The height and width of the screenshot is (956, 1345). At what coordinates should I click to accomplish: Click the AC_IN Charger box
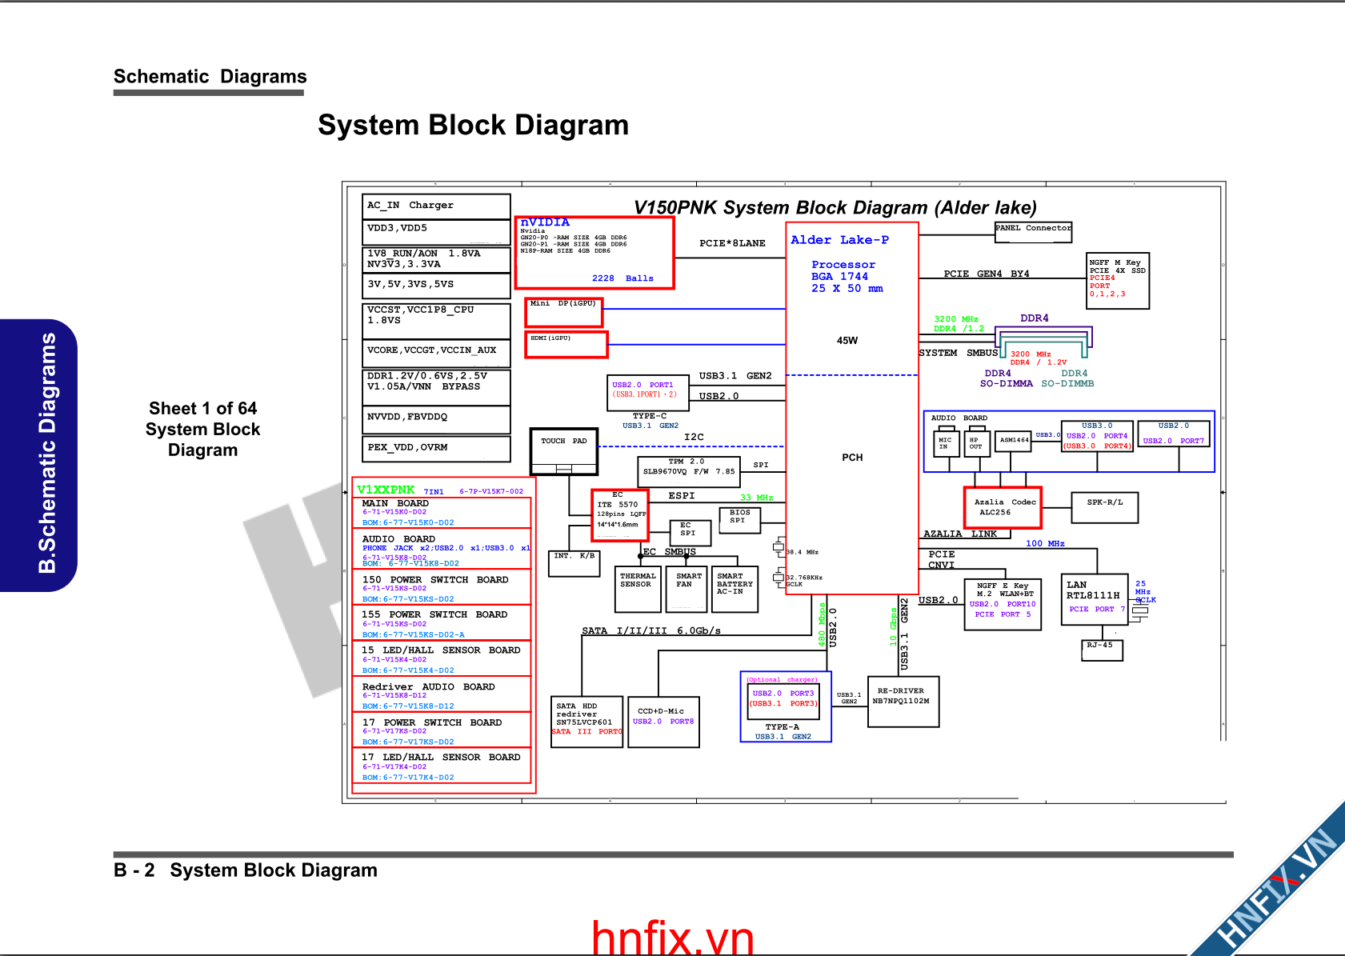point(436,206)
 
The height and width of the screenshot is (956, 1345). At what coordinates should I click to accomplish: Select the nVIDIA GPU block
point(594,252)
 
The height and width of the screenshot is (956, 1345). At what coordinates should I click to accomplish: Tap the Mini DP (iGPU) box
point(564,312)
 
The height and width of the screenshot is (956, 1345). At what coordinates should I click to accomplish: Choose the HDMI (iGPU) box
point(566,344)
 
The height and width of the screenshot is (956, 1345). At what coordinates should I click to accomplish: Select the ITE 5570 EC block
point(619,514)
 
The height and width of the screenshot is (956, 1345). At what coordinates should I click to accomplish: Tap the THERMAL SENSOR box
point(638,589)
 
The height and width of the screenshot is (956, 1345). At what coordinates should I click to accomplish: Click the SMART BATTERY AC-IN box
point(735,589)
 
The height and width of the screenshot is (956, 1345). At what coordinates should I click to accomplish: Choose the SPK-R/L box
point(1104,507)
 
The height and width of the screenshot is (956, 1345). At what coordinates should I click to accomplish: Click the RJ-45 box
point(1102,650)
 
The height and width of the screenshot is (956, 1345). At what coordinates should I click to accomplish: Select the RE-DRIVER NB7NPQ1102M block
point(903,701)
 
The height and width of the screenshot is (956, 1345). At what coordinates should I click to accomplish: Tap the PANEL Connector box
point(1033,232)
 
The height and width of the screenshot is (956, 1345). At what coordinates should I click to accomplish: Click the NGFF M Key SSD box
point(1118,280)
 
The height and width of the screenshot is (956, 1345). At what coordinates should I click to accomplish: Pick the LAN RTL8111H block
point(1094,599)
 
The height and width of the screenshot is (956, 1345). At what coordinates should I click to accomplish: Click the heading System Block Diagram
point(473,126)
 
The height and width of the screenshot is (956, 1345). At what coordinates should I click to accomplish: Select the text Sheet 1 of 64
point(202,409)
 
